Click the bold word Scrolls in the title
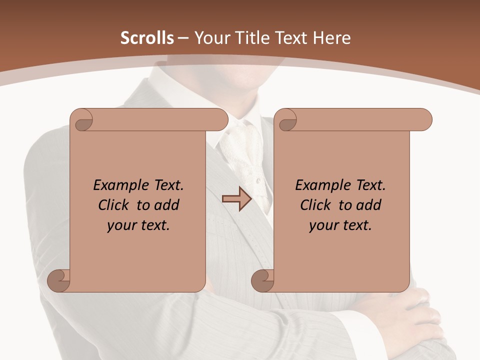coord(147,38)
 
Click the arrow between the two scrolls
coord(236,199)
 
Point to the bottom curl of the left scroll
coord(59,280)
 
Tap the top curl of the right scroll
coord(286,120)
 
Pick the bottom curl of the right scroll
coord(263,280)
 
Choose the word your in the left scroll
coord(121,226)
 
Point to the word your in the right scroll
coord(323,226)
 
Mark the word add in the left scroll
coord(167,205)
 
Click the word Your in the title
coord(210,38)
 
